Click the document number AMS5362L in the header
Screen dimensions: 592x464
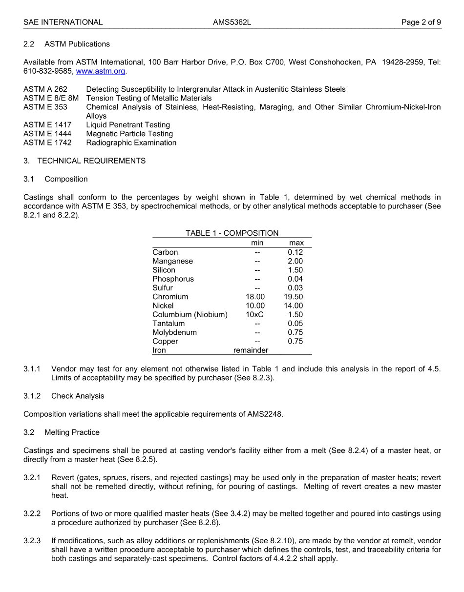click(x=232, y=22)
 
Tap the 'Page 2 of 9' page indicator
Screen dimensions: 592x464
click(x=421, y=22)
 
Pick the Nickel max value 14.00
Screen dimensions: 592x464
click(x=294, y=306)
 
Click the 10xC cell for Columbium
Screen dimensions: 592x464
click(x=254, y=315)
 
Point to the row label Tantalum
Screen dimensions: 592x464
click(x=169, y=324)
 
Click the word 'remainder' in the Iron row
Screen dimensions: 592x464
click(x=251, y=350)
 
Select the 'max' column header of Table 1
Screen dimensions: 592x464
click(x=296, y=243)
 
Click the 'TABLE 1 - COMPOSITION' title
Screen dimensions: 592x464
click(x=232, y=233)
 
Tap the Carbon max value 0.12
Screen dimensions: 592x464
click(x=295, y=252)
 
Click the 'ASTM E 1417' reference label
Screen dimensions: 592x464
click(x=47, y=125)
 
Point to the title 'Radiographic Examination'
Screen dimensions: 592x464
click(x=131, y=143)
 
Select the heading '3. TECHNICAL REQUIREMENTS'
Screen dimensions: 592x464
click(x=84, y=161)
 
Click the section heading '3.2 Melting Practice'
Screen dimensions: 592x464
click(x=62, y=432)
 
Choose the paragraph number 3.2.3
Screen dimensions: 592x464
click(x=32, y=541)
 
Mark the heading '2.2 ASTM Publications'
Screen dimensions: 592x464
click(x=67, y=44)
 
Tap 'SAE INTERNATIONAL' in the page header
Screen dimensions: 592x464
click(x=63, y=22)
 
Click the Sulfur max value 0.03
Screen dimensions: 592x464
click(x=295, y=288)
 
